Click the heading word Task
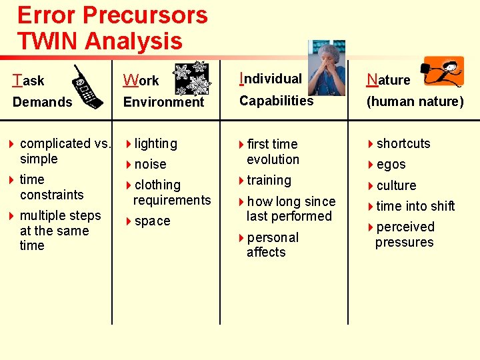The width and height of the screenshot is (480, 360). [x=29, y=81]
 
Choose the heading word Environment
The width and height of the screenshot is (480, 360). [x=163, y=102]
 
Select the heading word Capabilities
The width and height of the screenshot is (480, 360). [x=276, y=101]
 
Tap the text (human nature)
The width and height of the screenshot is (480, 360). [x=414, y=102]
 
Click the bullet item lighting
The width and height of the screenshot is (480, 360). [x=156, y=143]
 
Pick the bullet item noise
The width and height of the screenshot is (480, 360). [x=151, y=164]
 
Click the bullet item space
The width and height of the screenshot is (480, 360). [x=153, y=221]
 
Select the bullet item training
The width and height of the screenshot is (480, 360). [x=269, y=180]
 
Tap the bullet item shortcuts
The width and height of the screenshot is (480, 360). [x=403, y=143]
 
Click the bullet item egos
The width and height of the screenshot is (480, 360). [x=391, y=165]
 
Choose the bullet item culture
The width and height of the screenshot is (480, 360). [x=397, y=185]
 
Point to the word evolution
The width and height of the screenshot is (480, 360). [x=273, y=159]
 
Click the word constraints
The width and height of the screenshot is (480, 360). [x=52, y=195]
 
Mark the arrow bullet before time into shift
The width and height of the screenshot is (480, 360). [x=371, y=206]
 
